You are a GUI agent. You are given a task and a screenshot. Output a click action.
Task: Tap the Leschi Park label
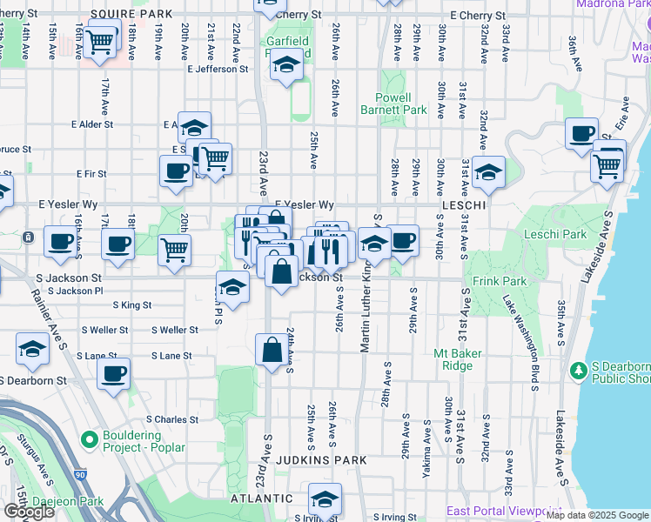point(556,234)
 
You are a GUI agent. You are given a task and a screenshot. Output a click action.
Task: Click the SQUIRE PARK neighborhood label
point(131,15)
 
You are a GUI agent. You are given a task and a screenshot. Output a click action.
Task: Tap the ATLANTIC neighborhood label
point(256,499)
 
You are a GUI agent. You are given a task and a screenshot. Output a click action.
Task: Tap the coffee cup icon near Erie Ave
point(581,133)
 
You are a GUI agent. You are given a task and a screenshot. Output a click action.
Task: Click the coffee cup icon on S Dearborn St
point(112,374)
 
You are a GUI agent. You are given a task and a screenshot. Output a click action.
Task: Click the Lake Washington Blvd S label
point(529,331)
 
